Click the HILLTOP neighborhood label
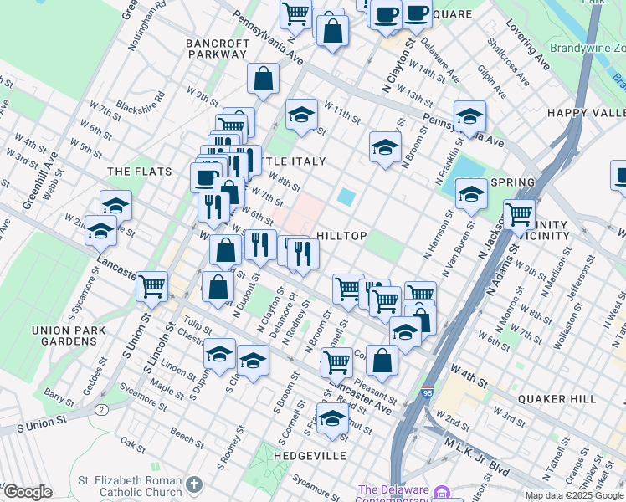341,237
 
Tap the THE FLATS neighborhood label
140,172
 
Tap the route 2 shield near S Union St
101,409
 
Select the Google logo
27,492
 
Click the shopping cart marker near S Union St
151,285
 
